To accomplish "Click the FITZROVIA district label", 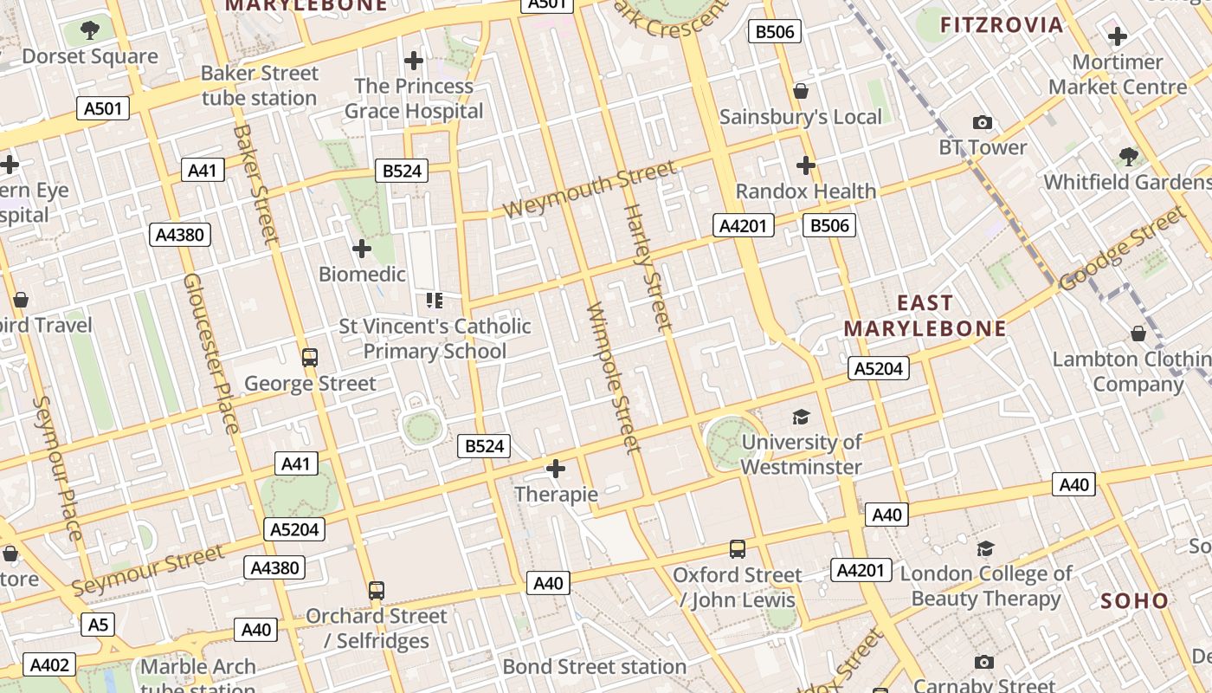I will tap(1002, 24).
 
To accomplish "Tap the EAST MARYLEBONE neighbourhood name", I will tap(925, 316).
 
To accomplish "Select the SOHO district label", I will tap(1134, 600).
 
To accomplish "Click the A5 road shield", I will tap(98, 624).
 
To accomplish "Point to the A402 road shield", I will tap(48, 664).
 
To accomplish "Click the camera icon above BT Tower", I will tap(982, 122).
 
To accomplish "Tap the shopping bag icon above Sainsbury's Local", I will tap(801, 91).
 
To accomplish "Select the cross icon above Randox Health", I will tap(805, 165).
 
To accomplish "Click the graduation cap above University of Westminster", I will tap(801, 417).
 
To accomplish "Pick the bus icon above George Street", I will tap(309, 357).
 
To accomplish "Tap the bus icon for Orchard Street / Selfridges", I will tap(376, 591).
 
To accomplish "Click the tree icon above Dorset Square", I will tap(89, 31).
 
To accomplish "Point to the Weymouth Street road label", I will tap(589, 190).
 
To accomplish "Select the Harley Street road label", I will tap(648, 268).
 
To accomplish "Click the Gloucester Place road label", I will tap(210, 353).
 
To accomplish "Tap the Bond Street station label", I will tap(594, 667).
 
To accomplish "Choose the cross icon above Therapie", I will tap(555, 470).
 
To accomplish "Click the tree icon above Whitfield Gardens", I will tap(1128, 157).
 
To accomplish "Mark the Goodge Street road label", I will tap(1120, 247).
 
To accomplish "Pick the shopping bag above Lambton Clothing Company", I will tap(1138, 334).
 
